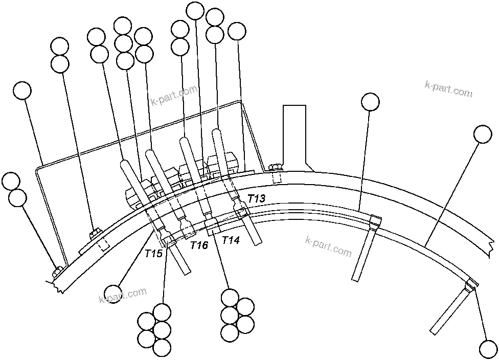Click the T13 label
point(257,198)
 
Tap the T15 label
point(153,253)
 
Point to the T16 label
point(199,245)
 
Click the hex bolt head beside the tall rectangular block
point(275,167)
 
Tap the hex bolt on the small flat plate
point(94,234)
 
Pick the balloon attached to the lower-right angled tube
point(488,349)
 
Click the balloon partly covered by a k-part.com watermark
point(113,294)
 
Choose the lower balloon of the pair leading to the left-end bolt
point(18,198)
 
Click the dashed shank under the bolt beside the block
point(277,177)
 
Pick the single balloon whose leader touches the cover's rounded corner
point(22,91)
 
